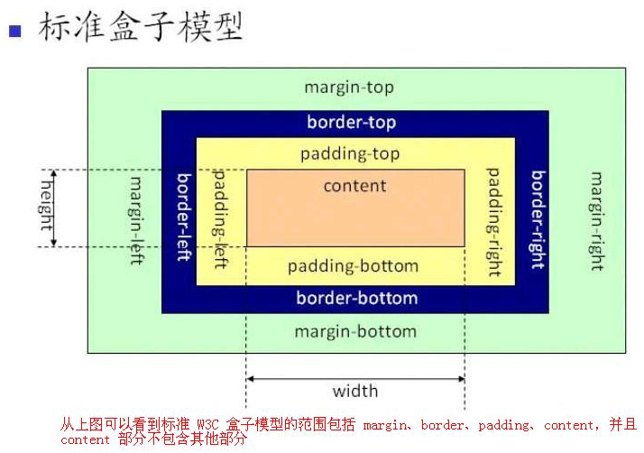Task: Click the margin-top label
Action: click(349, 88)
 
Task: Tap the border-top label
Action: click(352, 123)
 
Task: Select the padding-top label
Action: click(350, 154)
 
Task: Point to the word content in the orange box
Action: click(354, 186)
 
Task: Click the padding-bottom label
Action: click(353, 266)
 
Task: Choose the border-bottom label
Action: click(357, 298)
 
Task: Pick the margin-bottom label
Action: click(355, 331)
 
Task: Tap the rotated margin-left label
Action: click(136, 221)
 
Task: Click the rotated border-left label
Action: click(184, 217)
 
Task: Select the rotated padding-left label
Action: click(220, 219)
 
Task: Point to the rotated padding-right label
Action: click(493, 222)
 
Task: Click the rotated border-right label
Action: click(538, 220)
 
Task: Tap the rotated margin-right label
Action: click(597, 221)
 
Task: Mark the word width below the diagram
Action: click(355, 391)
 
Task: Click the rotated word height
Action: click(46, 206)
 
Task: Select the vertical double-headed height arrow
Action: click(54, 208)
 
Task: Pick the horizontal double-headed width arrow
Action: click(355, 379)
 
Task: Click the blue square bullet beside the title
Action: click(15, 32)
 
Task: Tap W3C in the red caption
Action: click(207, 424)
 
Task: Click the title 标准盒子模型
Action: click(141, 27)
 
